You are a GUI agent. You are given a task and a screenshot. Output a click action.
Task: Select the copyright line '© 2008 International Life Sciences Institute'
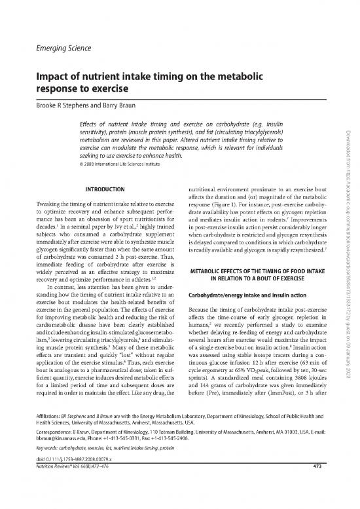[x=121, y=156]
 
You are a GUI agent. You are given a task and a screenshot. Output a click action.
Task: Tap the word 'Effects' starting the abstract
[x=88, y=123]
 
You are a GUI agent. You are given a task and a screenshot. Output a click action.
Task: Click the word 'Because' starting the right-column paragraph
[x=200, y=291]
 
